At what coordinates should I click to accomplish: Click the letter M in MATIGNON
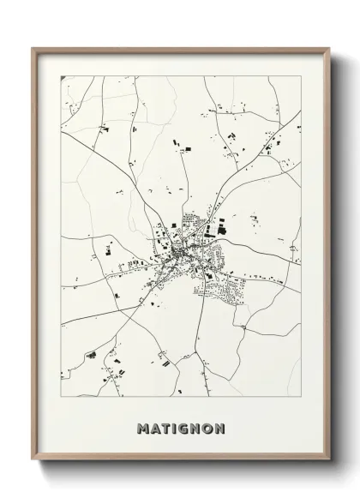click(x=142, y=427)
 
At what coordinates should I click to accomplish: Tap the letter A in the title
click(x=155, y=427)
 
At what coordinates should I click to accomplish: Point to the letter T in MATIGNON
click(x=166, y=427)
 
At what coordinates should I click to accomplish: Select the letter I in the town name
click(x=176, y=427)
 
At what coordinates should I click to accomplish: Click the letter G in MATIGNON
click(x=185, y=427)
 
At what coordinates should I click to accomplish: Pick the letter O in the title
click(x=210, y=427)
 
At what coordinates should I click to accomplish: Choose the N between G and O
click(x=198, y=427)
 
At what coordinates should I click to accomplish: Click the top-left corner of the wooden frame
click(x=33, y=47)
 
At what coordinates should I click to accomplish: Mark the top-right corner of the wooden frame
click(x=328, y=47)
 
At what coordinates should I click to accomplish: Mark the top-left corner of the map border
click(x=61, y=76)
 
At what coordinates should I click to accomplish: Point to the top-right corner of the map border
click(x=301, y=76)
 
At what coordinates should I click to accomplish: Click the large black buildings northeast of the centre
click(x=222, y=227)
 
